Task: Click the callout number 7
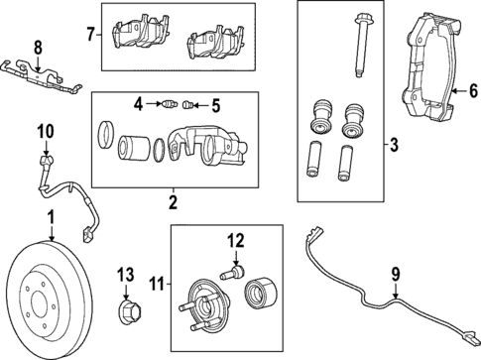click(x=90, y=36)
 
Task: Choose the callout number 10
click(x=43, y=129)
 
